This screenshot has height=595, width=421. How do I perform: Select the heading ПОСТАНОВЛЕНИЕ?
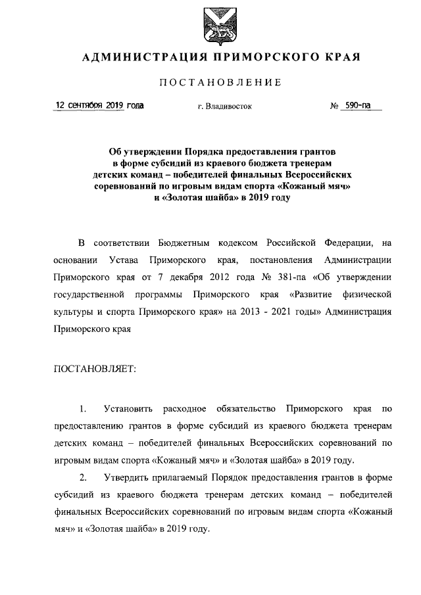click(x=221, y=82)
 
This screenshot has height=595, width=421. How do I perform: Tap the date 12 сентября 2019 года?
click(x=100, y=105)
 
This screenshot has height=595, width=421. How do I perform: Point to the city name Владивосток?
click(x=229, y=105)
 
